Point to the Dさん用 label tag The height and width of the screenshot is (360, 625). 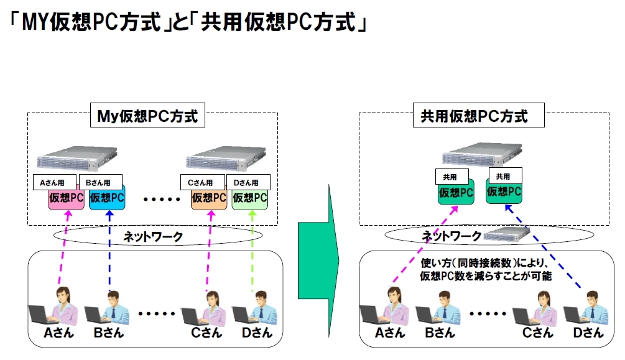point(248,182)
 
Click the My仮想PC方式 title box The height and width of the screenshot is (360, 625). point(147,115)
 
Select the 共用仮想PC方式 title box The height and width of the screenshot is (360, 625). point(478,115)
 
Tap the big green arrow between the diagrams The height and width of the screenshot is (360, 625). point(318,261)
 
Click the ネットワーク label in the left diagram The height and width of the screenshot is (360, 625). point(153,237)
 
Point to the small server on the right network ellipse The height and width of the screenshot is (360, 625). point(506,235)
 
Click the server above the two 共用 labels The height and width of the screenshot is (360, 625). point(482,154)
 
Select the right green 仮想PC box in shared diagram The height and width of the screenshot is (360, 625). point(504,192)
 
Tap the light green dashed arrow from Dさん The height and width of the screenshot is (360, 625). point(252,251)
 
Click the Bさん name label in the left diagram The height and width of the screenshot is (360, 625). point(109,333)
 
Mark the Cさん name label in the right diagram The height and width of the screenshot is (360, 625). point(538,333)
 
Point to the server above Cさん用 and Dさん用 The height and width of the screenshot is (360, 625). point(226,159)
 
